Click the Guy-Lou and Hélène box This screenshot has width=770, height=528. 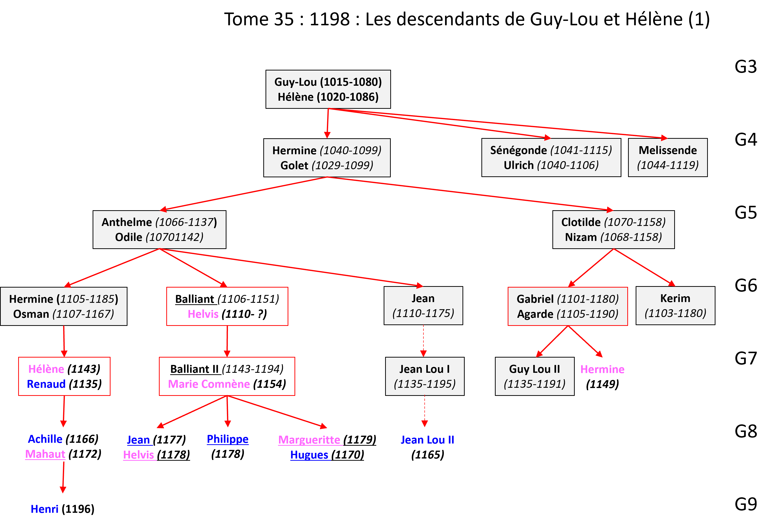coord(328,89)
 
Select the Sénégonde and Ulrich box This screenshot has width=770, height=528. coord(551,157)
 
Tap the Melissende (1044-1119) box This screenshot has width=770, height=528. coord(668,157)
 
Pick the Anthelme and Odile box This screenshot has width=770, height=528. coord(159,230)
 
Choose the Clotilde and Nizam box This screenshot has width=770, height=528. coord(613,230)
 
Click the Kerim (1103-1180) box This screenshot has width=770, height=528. coord(675,306)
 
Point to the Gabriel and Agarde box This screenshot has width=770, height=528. coord(568,306)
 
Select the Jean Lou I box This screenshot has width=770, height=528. coord(424,376)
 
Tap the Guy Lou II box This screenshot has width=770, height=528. coord(534,376)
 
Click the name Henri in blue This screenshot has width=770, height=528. coord(45,509)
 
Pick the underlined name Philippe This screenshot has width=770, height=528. coord(228,439)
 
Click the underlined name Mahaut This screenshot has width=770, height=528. coord(45,454)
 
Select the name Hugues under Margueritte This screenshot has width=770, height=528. coord(309,455)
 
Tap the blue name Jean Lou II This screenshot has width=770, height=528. coord(427,440)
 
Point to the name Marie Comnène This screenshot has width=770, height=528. coord(209,384)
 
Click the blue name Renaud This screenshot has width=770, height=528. coord(46,384)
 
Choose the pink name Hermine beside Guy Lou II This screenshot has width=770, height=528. coord(602,369)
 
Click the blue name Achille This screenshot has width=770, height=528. coord(45,439)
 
